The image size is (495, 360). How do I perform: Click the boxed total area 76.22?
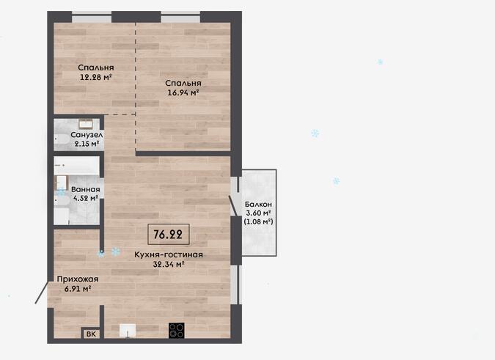click(x=168, y=235)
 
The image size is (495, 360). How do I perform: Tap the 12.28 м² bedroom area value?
click(x=96, y=77)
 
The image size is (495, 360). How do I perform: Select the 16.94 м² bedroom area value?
click(x=183, y=93)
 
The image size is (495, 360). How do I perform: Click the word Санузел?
click(x=87, y=135)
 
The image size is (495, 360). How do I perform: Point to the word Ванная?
click(x=86, y=190)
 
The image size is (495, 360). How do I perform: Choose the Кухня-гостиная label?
click(x=169, y=254)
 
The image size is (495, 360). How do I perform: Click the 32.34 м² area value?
click(x=169, y=265)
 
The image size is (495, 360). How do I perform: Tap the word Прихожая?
click(x=78, y=279)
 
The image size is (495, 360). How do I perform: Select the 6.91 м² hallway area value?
click(x=78, y=289)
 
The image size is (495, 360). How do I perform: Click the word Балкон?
click(x=258, y=205)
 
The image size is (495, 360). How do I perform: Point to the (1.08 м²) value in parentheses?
click(x=258, y=222)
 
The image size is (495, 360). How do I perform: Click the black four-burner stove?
click(x=177, y=331)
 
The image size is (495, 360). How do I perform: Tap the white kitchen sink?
click(x=128, y=331)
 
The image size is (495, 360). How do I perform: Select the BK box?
click(x=91, y=334)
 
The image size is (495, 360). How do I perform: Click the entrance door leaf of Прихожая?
click(x=41, y=293)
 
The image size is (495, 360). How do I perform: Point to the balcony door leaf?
click(x=233, y=206)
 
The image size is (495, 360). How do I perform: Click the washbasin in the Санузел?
click(x=85, y=124)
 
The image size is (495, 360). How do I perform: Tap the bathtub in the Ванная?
click(x=76, y=166)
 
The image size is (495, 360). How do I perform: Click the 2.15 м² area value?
click(x=87, y=144)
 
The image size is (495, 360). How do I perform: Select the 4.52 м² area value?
click(x=86, y=199)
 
